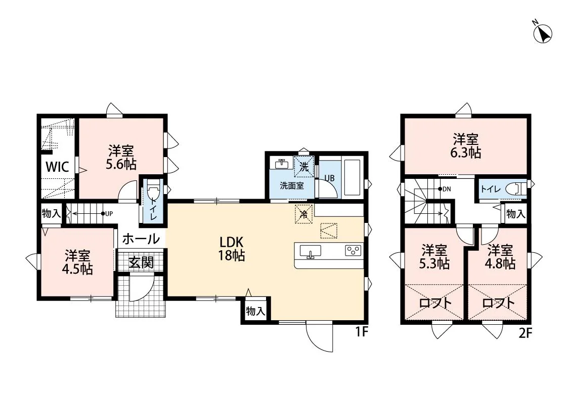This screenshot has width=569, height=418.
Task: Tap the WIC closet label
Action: coord(57,167)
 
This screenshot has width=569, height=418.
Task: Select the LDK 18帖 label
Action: coord(231,249)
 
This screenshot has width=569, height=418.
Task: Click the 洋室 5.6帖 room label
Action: coord(121,158)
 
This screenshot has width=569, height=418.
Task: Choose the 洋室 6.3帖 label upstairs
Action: coord(466,146)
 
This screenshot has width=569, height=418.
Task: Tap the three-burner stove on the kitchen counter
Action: coord(353,251)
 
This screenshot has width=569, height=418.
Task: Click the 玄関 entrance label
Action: coord(141,262)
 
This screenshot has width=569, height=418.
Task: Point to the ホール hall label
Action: coord(141,239)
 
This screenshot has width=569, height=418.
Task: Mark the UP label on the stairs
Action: coord(109,214)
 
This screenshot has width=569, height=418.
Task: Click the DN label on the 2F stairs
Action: coord(446,189)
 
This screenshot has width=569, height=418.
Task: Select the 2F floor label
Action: coord(524,333)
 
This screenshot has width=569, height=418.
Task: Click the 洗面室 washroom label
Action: coord(292,185)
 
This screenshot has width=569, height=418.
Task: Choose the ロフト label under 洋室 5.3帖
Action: coord(435,303)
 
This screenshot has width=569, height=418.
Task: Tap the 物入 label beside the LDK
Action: coord(256,311)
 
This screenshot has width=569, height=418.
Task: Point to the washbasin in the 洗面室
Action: coord(281,164)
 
